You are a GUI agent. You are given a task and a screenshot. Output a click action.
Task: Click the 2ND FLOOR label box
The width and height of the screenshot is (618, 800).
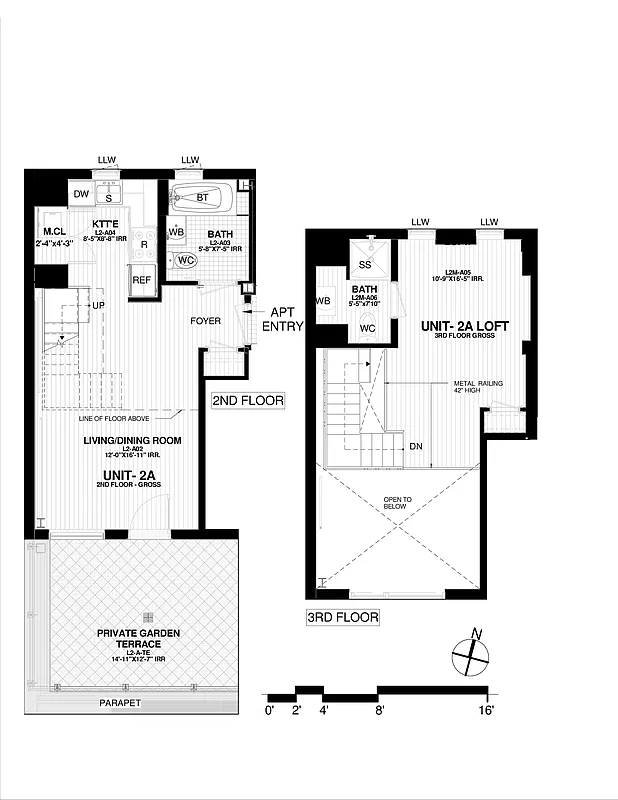point(248,400)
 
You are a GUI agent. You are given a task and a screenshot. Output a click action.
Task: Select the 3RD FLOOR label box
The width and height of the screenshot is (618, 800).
point(343,617)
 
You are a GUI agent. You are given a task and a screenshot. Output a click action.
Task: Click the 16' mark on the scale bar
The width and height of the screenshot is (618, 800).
point(485,710)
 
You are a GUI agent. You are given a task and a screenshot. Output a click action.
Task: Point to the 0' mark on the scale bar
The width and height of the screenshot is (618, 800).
point(269,710)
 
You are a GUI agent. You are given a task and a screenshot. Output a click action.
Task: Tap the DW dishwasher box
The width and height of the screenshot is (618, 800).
point(82,195)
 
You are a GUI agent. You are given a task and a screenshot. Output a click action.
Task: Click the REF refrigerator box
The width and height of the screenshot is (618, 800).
point(143,281)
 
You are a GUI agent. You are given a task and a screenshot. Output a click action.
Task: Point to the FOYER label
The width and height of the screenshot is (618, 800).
point(208,321)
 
